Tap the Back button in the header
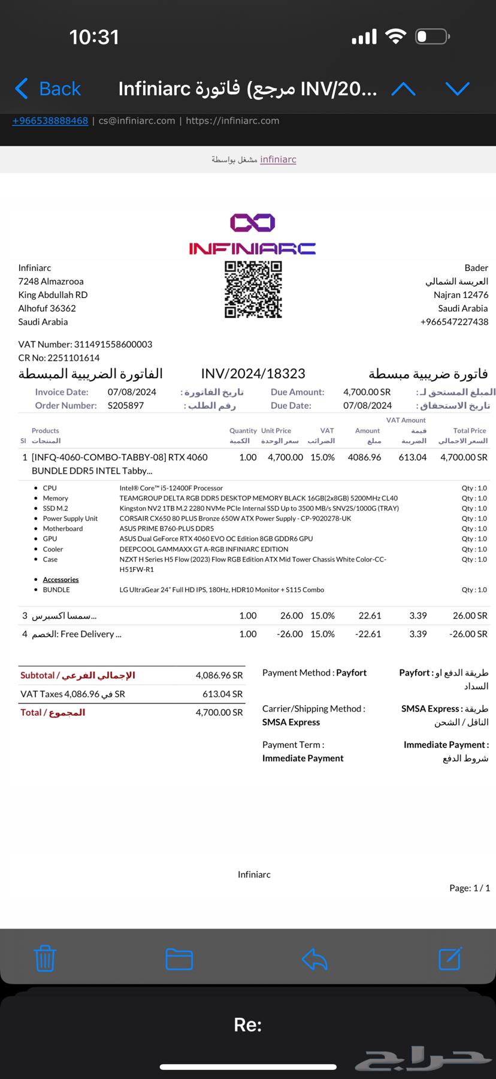[48, 89]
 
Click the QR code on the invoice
[253, 290]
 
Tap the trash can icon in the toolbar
[45, 958]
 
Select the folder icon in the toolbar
[179, 959]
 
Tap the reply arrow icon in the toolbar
[314, 959]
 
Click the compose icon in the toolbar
[450, 958]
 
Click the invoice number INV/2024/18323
[253, 374]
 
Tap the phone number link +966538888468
[50, 120]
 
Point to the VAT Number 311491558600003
[113, 344]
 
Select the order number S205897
[126, 405]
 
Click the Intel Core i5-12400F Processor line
[171, 488]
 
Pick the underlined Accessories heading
[61, 580]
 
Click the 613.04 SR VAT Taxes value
[222, 694]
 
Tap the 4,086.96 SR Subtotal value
[219, 676]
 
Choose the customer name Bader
[476, 268]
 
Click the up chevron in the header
[403, 89]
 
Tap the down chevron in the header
[457, 89]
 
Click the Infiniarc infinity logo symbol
[253, 223]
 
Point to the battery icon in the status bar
[432, 37]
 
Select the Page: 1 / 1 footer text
[470, 888]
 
